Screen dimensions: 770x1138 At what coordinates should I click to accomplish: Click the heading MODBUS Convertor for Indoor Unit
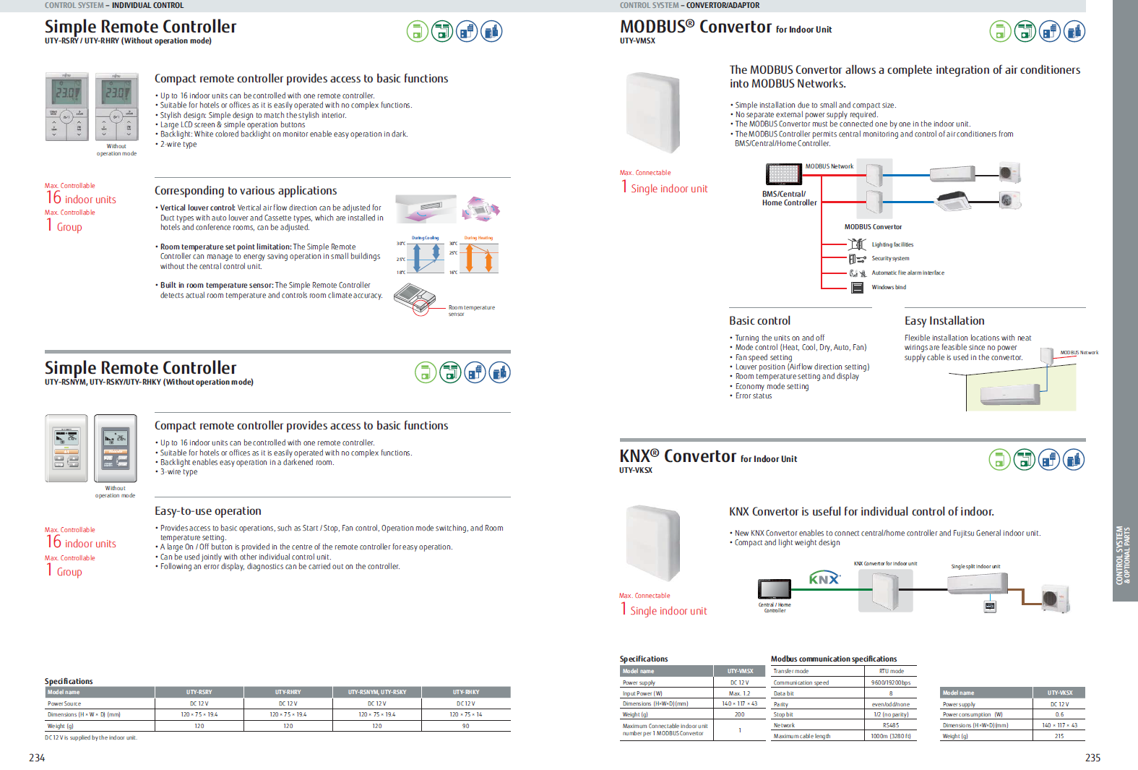click(725, 27)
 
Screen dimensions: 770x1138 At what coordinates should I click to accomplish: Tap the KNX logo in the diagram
click(824, 578)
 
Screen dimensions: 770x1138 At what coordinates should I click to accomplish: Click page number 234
click(37, 758)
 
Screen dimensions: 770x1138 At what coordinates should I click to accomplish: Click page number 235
click(1092, 758)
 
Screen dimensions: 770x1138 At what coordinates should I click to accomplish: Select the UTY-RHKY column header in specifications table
click(466, 692)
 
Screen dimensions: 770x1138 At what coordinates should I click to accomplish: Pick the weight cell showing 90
click(466, 726)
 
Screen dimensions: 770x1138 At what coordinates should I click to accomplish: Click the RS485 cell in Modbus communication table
click(890, 725)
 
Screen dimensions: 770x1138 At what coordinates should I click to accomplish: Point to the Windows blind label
click(889, 287)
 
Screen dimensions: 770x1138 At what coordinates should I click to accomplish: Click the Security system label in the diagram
click(890, 258)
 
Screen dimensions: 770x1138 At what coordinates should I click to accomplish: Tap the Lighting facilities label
click(892, 244)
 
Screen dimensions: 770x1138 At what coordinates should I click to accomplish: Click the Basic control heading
click(759, 321)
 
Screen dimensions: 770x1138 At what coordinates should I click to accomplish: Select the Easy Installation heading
click(944, 321)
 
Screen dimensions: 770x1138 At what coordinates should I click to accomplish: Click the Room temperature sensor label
click(471, 310)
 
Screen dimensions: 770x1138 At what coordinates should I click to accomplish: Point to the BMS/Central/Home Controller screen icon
click(783, 174)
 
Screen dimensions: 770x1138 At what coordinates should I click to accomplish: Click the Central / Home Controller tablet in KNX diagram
click(774, 589)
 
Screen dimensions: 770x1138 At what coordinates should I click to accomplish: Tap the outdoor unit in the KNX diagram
click(1054, 598)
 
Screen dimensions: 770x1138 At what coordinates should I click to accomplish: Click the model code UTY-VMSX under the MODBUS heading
click(637, 41)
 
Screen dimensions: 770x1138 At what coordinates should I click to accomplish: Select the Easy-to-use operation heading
click(208, 511)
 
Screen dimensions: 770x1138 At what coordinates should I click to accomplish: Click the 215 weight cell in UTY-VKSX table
click(1059, 736)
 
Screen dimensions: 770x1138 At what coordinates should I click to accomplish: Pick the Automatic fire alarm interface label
click(908, 273)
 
